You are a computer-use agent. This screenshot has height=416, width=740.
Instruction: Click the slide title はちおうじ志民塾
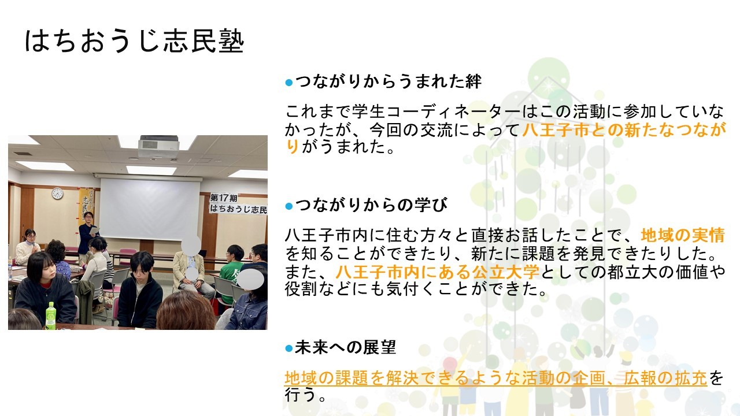pos(135,42)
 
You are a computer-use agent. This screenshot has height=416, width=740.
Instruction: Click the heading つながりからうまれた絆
pos(388,81)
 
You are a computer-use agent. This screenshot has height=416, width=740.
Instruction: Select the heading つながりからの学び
pos(371,205)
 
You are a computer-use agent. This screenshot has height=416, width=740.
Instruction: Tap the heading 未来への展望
pos(345,347)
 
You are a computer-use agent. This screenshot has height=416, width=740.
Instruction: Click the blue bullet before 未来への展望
pos(288,348)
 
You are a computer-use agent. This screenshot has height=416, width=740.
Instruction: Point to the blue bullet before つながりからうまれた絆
pos(288,82)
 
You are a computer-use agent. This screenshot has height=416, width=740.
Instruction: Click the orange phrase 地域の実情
pos(683,235)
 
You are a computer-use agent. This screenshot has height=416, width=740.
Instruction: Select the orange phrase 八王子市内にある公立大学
pos(438,272)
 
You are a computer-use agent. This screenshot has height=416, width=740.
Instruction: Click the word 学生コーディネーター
pos(436,112)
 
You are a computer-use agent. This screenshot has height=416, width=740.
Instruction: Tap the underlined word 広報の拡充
pos(665,378)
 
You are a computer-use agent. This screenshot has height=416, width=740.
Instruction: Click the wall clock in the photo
pos(57,194)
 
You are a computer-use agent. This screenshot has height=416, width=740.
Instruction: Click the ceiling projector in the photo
pos(159,146)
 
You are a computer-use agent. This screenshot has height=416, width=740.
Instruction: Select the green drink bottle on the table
pos(50,315)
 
